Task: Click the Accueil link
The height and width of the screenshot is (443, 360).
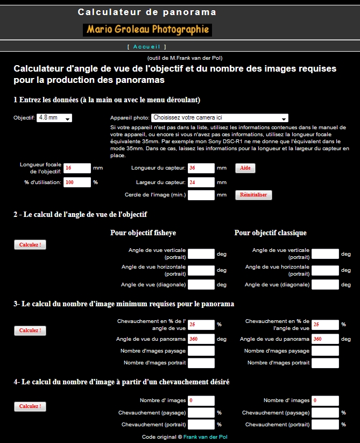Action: point(147,47)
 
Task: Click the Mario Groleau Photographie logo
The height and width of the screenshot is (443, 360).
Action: point(147,30)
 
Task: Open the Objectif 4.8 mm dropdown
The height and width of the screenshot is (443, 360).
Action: point(54,118)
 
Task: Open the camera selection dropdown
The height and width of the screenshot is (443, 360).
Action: point(220,118)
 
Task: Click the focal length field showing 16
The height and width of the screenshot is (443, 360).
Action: point(77,168)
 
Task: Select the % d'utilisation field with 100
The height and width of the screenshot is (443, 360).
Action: point(77,182)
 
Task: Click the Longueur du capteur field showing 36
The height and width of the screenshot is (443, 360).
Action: point(201,168)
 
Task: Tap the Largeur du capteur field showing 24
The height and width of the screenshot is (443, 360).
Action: point(201,182)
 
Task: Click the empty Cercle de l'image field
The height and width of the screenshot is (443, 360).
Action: point(201,195)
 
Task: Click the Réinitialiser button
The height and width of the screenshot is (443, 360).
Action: point(253,195)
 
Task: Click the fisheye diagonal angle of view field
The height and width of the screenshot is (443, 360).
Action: point(201,284)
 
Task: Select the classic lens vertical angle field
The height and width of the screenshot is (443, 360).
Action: point(325,254)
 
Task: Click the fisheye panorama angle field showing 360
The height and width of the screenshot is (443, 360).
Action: point(201,339)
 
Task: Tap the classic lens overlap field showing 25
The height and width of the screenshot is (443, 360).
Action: point(325,325)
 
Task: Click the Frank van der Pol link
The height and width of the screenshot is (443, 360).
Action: point(205,437)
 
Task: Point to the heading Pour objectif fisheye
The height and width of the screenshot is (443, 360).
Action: point(143,233)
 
